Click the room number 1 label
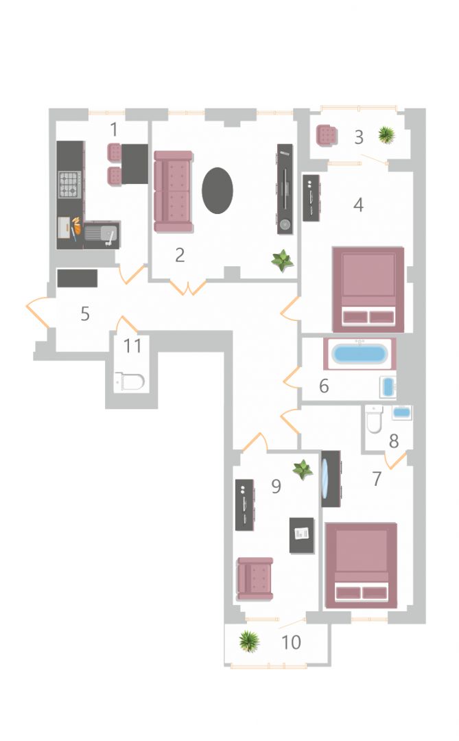[x=113, y=129]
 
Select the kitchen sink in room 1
[x=102, y=235]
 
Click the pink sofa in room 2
[x=174, y=191]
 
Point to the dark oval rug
[x=217, y=191]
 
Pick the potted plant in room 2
[x=283, y=261]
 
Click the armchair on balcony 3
[x=327, y=136]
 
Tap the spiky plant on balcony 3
[x=387, y=135]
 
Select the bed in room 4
[x=368, y=290]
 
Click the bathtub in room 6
[x=359, y=354]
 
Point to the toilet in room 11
[x=129, y=381]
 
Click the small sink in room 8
[x=402, y=412]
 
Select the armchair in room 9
[x=255, y=578]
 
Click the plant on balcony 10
[x=249, y=642]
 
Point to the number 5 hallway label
[x=85, y=314]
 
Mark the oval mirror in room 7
[x=326, y=478]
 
